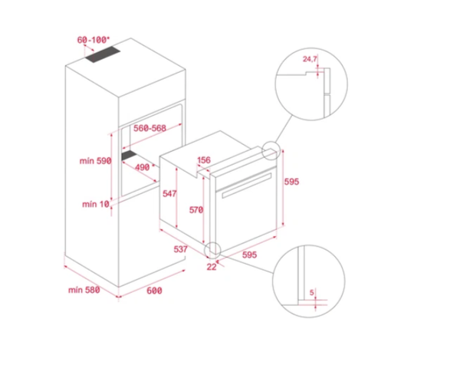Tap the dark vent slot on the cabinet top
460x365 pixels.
pyautogui.click(x=102, y=55)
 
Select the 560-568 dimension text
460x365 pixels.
pyautogui.click(x=149, y=129)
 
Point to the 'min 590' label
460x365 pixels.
pyautogui.click(x=96, y=161)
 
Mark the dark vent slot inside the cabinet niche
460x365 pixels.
pyautogui.click(x=124, y=159)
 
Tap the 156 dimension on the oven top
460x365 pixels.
pyautogui.click(x=204, y=160)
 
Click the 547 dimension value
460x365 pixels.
pyautogui.click(x=169, y=195)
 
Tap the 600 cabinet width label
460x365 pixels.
pyautogui.click(x=154, y=290)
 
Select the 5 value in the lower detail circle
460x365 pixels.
pyautogui.click(x=312, y=293)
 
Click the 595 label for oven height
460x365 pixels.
pyautogui.click(x=291, y=182)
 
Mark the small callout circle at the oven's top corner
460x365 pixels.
pyautogui.click(x=271, y=150)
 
